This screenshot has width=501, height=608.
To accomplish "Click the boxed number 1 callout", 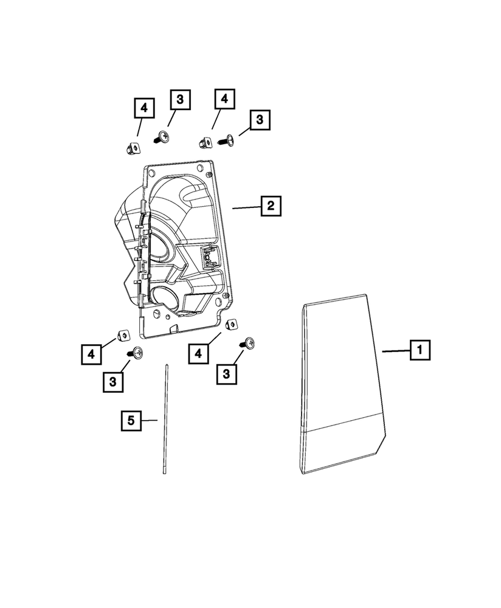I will point(420,351).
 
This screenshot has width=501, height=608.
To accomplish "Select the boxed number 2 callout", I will point(271,207).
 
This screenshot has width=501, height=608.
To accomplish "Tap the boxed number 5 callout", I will point(130,420).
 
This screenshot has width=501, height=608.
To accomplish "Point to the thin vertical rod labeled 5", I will point(165,420).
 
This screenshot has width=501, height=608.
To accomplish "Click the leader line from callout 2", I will point(247,208).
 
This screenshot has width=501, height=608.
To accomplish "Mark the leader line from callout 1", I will point(395,351).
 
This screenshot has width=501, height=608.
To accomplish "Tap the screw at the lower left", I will point(136,352).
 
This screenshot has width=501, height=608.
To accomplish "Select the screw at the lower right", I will point(248,344).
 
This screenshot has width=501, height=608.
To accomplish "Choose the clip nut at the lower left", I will point(121,334).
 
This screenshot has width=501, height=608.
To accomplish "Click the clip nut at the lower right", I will point(231,325).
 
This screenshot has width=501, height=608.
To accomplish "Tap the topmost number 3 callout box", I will point(179,100).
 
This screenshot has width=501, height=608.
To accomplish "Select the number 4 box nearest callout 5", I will point(91,353).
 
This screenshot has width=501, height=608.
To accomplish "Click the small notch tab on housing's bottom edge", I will point(173,329).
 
